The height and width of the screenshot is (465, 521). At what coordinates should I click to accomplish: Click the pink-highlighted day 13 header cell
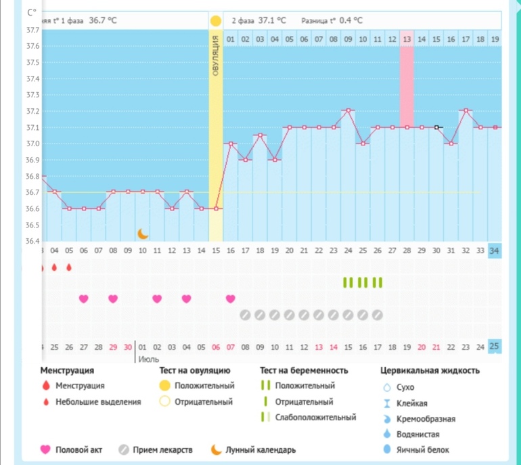tap(407, 39)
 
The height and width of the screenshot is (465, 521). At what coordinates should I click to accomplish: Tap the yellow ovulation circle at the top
tap(216, 20)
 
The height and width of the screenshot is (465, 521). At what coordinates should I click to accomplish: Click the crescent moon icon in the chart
tap(143, 234)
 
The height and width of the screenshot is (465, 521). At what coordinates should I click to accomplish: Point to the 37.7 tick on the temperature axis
tap(32, 30)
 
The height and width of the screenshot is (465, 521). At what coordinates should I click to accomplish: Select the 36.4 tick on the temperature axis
tap(32, 242)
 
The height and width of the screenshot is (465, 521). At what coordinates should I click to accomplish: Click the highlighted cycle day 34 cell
tap(495, 250)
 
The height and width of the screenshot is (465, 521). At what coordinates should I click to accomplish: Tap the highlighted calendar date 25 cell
tap(495, 347)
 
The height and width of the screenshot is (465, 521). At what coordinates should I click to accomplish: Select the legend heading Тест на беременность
tap(304, 371)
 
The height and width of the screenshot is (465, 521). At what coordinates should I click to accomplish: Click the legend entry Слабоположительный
tap(315, 417)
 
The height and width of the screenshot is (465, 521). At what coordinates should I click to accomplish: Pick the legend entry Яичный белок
tap(424, 449)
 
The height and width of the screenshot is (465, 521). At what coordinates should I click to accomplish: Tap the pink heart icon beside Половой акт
tap(45, 449)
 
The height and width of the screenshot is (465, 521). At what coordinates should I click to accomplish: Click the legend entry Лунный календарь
tap(261, 449)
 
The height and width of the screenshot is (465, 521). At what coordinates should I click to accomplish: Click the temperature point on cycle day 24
tap(348, 110)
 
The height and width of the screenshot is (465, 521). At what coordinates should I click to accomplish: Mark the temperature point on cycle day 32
tap(466, 110)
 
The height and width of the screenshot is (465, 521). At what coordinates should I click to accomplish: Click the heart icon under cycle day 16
tap(231, 298)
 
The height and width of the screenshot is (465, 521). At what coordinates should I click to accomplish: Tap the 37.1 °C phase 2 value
tap(273, 20)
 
